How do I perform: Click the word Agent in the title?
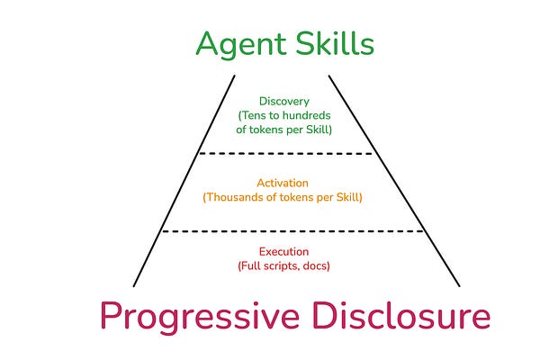[x=237, y=44]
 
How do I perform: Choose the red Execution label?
[x=285, y=252]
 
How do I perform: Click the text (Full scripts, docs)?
[x=285, y=266]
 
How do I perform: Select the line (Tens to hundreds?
[x=285, y=116]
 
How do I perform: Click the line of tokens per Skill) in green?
[x=285, y=130]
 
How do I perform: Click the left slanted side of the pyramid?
[x=189, y=180]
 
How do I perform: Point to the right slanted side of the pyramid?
[x=388, y=180]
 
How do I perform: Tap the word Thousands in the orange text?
[x=233, y=197]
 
